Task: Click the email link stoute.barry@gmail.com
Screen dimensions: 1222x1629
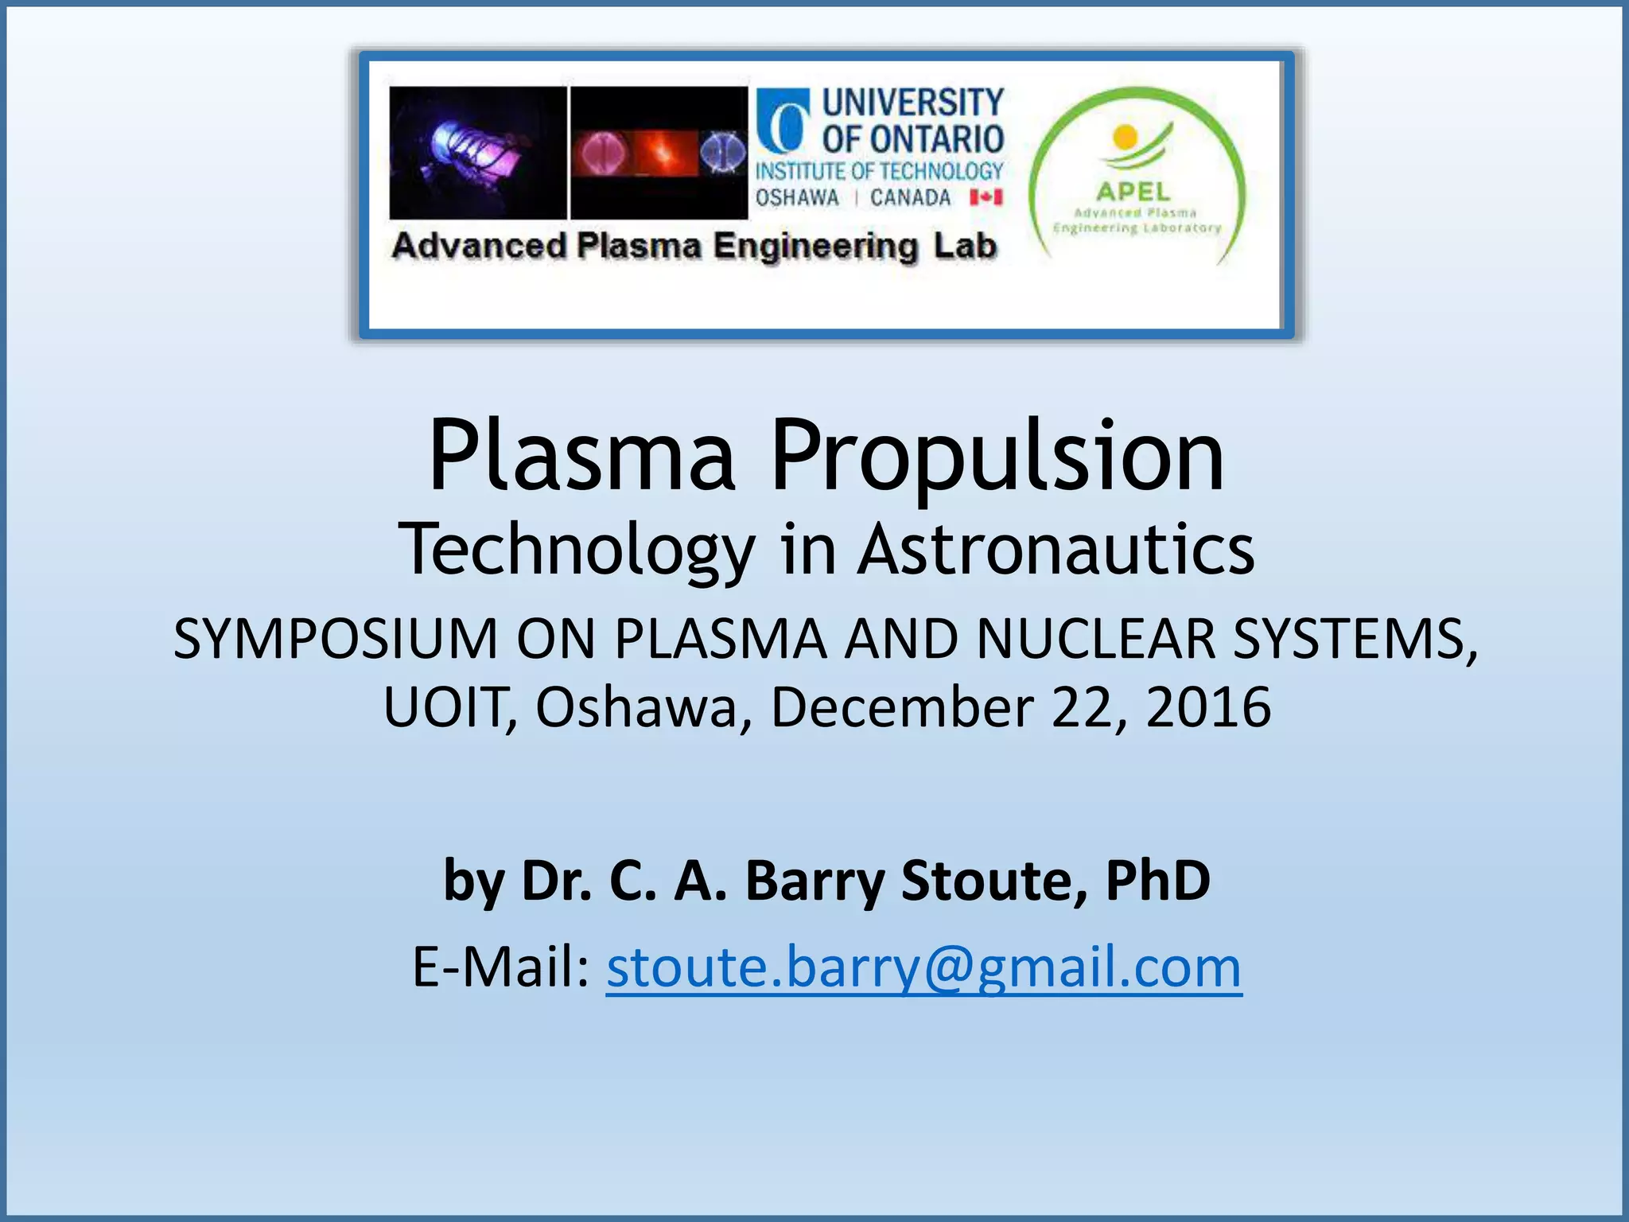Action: click(923, 968)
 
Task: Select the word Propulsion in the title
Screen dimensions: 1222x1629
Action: click(997, 457)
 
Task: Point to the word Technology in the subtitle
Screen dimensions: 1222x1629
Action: click(576, 551)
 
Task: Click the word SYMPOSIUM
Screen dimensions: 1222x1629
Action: click(335, 639)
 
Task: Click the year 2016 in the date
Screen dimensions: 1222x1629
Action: click(1208, 707)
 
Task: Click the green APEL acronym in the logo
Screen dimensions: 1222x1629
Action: click(1133, 192)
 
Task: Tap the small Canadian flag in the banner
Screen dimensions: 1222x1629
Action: click(986, 197)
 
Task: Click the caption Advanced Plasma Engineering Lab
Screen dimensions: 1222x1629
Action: click(694, 246)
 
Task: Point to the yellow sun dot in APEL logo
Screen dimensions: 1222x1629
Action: click(1125, 137)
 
